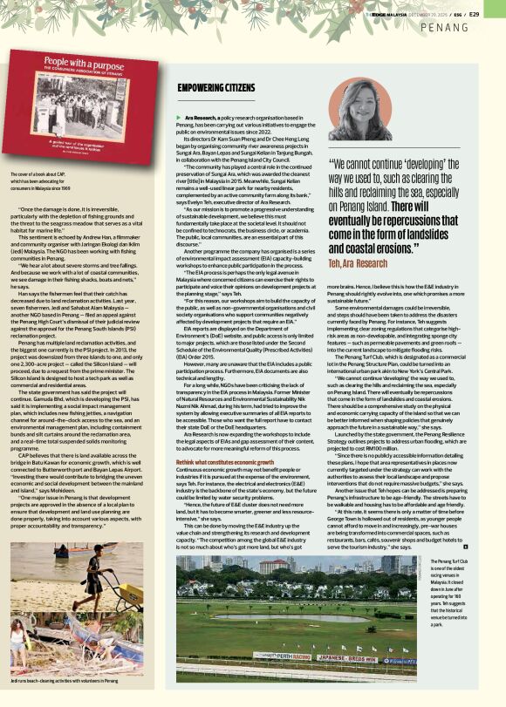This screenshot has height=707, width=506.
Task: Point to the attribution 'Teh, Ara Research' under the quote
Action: (358, 238)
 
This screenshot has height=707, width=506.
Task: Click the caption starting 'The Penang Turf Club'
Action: (456, 592)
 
